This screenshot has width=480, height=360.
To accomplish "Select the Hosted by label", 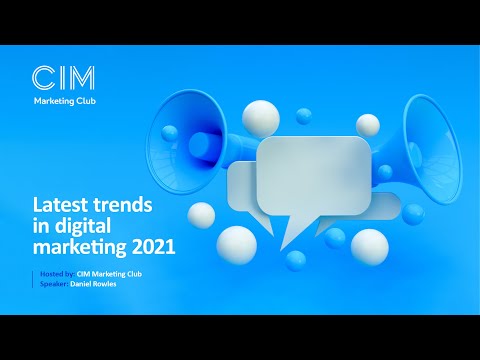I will (53, 274).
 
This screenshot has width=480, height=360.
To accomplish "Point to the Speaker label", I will (50, 283).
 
